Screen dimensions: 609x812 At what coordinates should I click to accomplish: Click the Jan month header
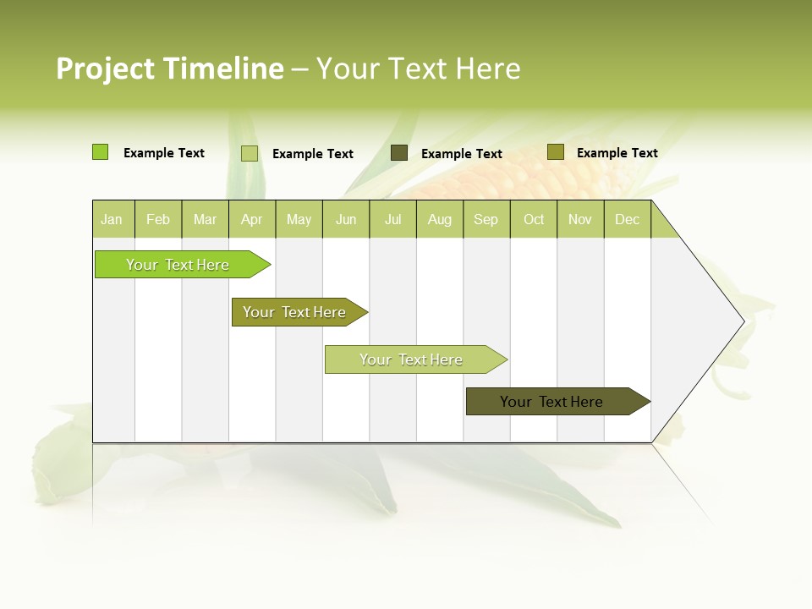point(112,219)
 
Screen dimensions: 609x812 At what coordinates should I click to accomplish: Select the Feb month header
point(158,219)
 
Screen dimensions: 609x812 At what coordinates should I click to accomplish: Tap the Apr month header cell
point(252,219)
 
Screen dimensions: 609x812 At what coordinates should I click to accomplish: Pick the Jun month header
point(346,219)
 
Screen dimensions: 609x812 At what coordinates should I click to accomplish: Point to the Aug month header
point(440,219)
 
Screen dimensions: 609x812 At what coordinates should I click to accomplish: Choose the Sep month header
point(486,219)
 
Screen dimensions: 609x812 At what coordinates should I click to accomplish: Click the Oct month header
point(534,219)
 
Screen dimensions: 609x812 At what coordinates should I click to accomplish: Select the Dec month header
point(628,219)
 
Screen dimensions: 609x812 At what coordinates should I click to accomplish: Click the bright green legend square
point(101,152)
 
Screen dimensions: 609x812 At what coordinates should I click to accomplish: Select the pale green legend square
point(250,153)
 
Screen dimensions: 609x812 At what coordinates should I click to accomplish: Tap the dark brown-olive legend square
point(399,153)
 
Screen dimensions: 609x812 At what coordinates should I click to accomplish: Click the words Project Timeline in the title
point(170,69)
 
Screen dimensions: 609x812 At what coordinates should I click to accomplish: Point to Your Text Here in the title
point(419,69)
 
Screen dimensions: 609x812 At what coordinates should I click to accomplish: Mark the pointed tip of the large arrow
point(742,321)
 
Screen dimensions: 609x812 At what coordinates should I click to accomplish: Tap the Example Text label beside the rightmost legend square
point(617,152)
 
